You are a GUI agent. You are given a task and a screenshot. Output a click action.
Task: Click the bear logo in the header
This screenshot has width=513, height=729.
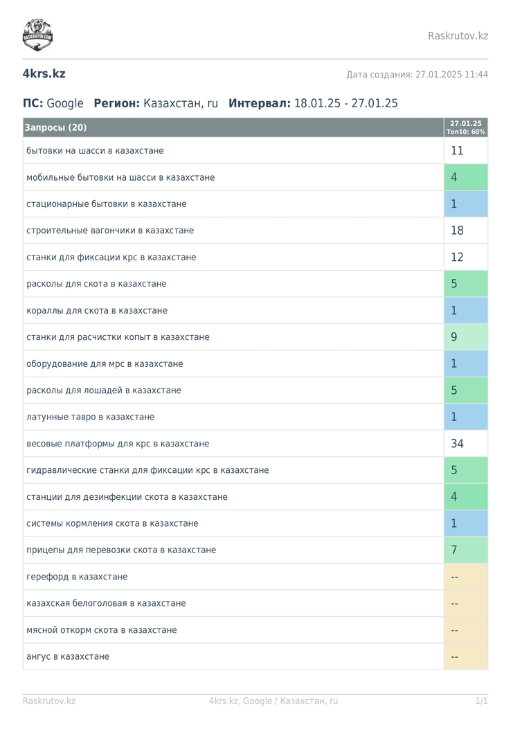[x=37, y=35]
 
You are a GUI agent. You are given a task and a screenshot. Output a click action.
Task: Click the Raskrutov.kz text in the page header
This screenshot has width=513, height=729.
[x=458, y=36]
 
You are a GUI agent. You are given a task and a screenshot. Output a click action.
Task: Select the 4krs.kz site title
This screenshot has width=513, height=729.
[x=44, y=74]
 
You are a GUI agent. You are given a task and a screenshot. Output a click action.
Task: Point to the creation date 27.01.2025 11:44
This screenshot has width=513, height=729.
[x=451, y=74]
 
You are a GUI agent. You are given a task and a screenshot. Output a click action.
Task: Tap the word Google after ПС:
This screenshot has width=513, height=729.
[x=65, y=103]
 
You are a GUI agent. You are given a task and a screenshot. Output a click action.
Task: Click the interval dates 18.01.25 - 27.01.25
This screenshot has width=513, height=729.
[x=346, y=103]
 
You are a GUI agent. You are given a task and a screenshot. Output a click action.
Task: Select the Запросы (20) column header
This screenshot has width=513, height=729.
[x=55, y=127]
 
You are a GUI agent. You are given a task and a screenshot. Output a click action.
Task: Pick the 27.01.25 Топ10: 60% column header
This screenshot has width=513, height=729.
[x=465, y=127]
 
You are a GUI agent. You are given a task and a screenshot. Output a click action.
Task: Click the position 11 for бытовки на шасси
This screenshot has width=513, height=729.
[x=457, y=151]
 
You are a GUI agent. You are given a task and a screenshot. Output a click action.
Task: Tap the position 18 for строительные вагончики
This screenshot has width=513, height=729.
[x=457, y=231]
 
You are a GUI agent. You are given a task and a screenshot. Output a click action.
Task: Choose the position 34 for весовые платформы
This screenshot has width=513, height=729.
[x=457, y=444]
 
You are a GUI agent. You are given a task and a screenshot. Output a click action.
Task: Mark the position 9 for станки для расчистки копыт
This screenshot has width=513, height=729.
[x=454, y=337]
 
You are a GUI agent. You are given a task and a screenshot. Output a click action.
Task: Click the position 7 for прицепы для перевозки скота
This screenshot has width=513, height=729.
[x=454, y=550]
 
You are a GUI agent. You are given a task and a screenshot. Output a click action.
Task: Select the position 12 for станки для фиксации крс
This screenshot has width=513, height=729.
[x=457, y=257]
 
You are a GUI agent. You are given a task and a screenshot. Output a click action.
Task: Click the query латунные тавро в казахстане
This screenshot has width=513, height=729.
[x=90, y=417]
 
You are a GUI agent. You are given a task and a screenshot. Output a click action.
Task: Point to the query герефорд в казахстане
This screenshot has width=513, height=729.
[x=77, y=577]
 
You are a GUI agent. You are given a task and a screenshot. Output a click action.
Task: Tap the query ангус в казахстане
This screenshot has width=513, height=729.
[x=68, y=656]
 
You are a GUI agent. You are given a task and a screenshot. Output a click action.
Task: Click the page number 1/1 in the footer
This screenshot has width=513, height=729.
[x=481, y=701]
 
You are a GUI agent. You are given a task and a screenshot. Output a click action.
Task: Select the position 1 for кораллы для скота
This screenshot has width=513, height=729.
[x=454, y=311]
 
